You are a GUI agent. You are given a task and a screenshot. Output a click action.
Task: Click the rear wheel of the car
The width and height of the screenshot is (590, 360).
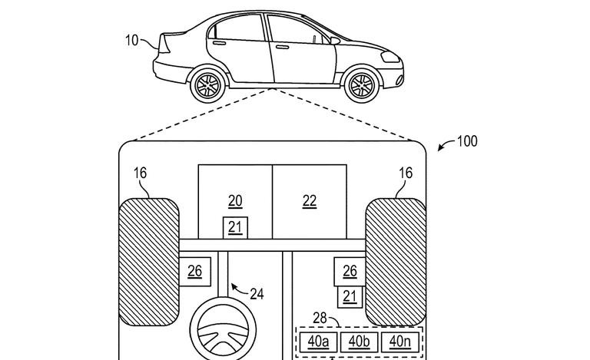207,84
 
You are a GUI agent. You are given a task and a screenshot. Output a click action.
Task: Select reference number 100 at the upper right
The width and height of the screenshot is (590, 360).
466,141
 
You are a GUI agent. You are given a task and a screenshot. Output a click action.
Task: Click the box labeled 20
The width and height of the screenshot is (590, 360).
235,201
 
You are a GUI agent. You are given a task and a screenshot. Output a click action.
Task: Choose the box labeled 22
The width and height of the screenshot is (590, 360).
310,201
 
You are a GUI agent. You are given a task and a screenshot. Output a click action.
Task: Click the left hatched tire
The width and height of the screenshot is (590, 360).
148,261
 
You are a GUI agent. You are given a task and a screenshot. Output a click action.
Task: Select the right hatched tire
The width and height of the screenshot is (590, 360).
396,261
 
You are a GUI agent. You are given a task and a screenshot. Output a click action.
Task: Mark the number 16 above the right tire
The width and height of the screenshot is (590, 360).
405,174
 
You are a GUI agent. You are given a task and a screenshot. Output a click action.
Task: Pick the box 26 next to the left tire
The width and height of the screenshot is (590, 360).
195,271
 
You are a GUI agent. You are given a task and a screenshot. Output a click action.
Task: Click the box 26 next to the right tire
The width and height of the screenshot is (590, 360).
350,271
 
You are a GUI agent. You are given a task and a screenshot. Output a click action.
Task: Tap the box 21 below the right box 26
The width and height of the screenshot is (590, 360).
350,295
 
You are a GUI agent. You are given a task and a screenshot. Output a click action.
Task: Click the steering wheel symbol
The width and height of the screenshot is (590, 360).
223,331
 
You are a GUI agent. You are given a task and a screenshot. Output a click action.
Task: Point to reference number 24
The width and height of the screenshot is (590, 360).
257,294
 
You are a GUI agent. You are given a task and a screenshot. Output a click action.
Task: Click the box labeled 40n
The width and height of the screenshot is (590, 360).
399,341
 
